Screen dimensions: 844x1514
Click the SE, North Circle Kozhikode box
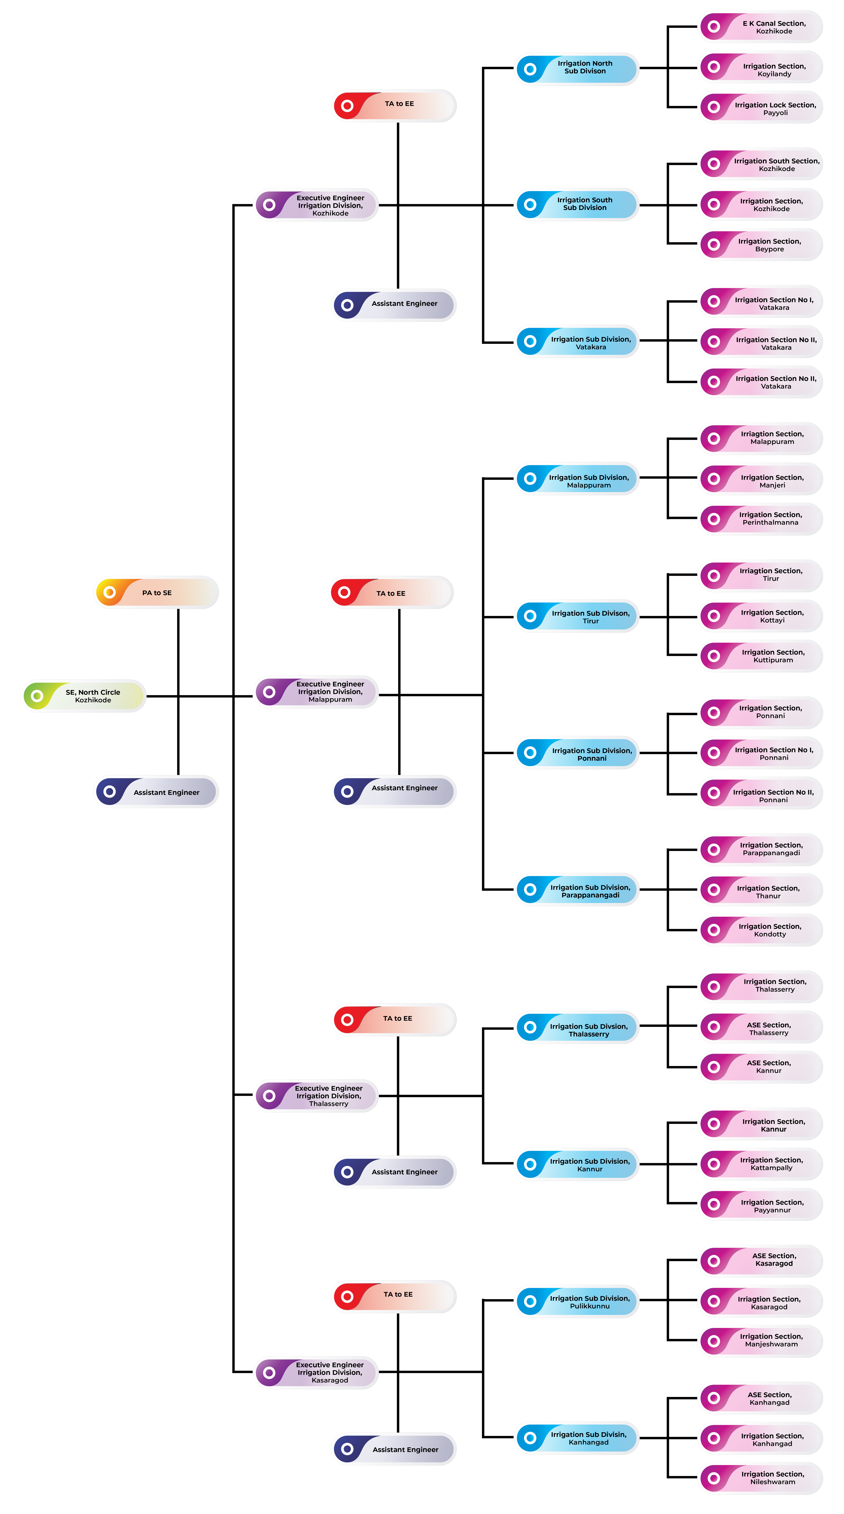(84, 696)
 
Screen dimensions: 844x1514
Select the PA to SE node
(157, 592)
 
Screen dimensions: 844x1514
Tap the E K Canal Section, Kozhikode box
(761, 27)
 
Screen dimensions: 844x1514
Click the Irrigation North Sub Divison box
(577, 69)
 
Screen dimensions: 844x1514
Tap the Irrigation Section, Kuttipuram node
(761, 656)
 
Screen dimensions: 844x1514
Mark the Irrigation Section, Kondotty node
(761, 930)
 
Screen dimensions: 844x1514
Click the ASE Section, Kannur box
(761, 1067)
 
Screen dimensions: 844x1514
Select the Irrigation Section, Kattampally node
(761, 1164)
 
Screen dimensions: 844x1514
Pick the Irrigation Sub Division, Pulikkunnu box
(577, 1302)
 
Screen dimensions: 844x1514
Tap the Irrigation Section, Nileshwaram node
(761, 1478)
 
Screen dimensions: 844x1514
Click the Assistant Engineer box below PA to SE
(157, 792)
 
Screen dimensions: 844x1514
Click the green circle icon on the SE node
(37, 696)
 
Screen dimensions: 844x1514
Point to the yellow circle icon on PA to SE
(109, 592)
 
